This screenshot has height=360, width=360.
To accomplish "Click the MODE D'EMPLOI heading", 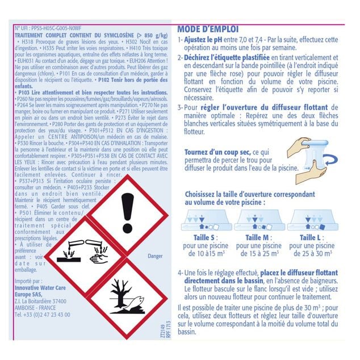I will tap(208, 29).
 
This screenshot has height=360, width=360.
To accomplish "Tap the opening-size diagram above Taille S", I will tap(202, 219).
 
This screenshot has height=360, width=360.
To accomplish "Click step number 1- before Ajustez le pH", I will tap(180, 40).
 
